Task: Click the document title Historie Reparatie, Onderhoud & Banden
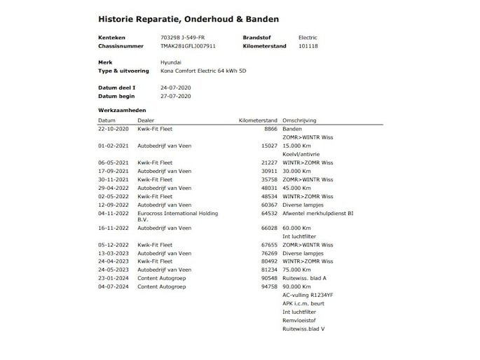pyautogui.click(x=188, y=19)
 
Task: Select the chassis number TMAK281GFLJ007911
pyautogui.click(x=188, y=46)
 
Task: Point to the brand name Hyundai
pyautogui.click(x=172, y=63)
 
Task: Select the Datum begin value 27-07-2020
pyautogui.click(x=175, y=96)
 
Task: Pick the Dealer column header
pyautogui.click(x=146, y=120)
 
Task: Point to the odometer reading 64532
pyautogui.click(x=269, y=213)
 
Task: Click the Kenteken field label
pyautogui.click(x=111, y=38)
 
